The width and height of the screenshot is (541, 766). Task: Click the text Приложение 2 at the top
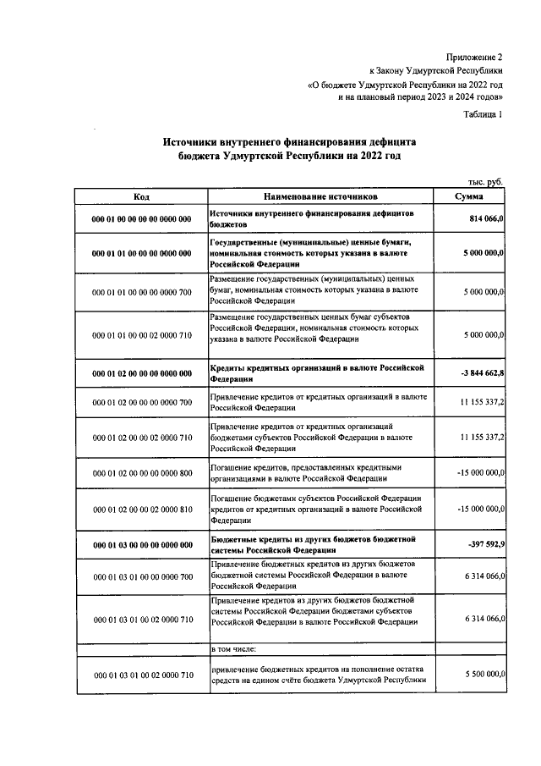pyautogui.click(x=473, y=56)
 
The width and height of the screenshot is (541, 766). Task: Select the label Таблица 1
pyautogui.click(x=483, y=114)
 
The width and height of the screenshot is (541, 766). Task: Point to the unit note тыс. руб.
pyautogui.click(x=485, y=183)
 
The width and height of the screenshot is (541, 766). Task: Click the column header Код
pyautogui.click(x=141, y=196)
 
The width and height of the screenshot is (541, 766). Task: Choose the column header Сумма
pyautogui.click(x=469, y=196)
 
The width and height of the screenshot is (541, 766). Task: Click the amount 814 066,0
pyautogui.click(x=482, y=219)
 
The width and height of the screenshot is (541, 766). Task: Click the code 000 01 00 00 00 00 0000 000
pyautogui.click(x=141, y=220)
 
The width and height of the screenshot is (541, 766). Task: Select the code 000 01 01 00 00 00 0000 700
pyautogui.click(x=141, y=292)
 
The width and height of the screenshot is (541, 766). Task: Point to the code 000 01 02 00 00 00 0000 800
pyautogui.click(x=141, y=473)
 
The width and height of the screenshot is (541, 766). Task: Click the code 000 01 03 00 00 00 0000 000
pyautogui.click(x=141, y=544)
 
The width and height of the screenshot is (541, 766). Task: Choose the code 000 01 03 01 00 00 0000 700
pyautogui.click(x=141, y=577)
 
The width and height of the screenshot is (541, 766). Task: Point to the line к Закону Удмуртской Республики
pyautogui.click(x=436, y=71)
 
